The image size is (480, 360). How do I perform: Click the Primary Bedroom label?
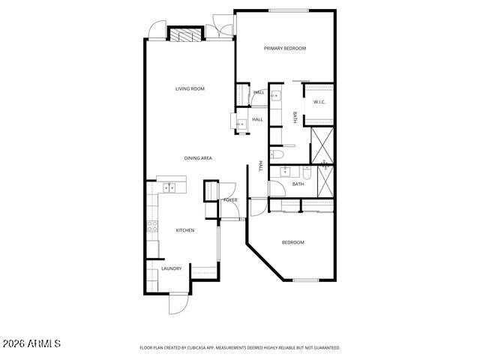(285, 48)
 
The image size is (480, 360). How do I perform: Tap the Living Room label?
(190, 88)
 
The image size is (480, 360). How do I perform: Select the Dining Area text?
(198, 158)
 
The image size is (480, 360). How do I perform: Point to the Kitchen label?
(185, 230)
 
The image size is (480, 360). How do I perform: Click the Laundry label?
(172, 268)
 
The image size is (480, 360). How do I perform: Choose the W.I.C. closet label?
(319, 102)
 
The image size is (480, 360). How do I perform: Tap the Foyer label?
(230, 200)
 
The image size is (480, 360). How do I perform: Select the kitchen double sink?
(169, 187)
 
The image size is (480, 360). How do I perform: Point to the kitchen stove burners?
(152, 226)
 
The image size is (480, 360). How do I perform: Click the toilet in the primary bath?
(277, 154)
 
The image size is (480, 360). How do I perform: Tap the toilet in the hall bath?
(307, 172)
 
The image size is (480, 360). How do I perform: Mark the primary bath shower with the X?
(322, 145)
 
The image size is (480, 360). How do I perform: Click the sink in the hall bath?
(286, 172)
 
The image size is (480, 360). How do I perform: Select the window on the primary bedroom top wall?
(289, 10)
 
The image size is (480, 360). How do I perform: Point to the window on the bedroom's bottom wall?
(306, 280)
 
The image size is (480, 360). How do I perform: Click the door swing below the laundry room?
(178, 304)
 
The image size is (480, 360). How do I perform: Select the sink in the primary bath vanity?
(275, 96)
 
